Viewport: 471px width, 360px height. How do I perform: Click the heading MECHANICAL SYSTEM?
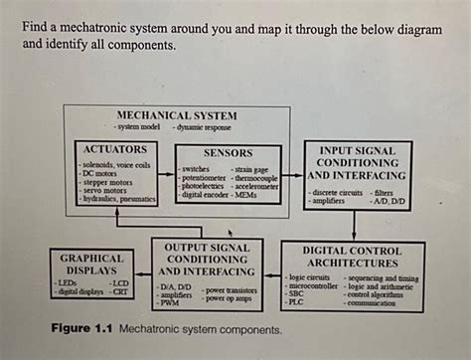click(177, 114)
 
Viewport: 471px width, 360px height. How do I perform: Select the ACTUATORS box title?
click(115, 148)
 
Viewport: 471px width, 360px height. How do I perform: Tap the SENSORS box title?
click(227, 153)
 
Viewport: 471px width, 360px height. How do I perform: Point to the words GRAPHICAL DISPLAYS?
click(92, 263)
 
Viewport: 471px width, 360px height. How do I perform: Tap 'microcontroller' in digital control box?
click(312, 286)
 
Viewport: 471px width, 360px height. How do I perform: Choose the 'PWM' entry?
click(171, 304)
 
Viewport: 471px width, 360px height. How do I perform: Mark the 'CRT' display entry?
click(120, 291)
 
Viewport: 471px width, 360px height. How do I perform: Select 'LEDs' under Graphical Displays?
click(70, 282)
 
